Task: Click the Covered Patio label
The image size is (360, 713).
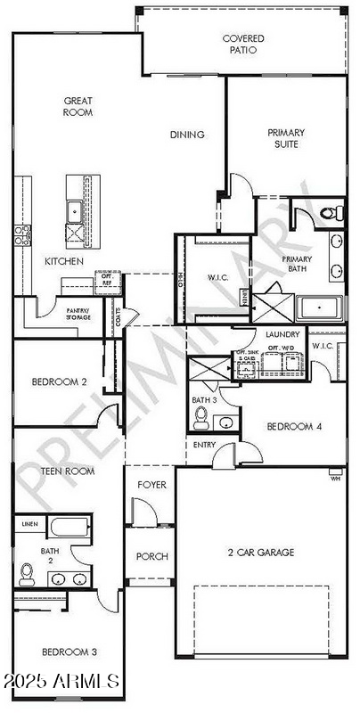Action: (x=241, y=45)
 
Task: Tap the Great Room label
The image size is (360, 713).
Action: (x=78, y=107)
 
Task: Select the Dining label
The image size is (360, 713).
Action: (x=187, y=135)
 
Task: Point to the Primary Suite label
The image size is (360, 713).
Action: (x=286, y=139)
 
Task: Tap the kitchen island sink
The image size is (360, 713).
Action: (x=73, y=211)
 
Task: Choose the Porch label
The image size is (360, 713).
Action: (x=151, y=556)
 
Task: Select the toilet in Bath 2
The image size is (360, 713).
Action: (x=26, y=570)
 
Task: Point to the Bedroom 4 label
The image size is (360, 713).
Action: (x=294, y=426)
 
